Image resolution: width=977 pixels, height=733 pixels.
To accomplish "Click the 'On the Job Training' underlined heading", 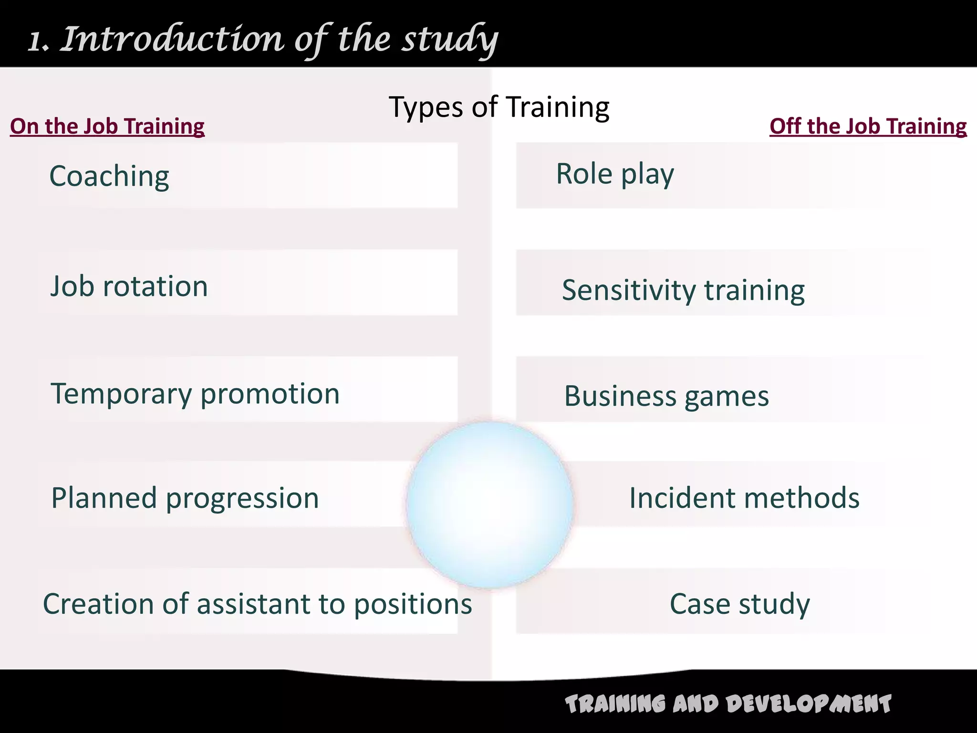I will [107, 126].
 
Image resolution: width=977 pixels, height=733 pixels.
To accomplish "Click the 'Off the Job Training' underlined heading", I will [868, 126].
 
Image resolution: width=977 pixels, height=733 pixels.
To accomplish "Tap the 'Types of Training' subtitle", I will [499, 107].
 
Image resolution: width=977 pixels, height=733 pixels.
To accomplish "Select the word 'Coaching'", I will [109, 177].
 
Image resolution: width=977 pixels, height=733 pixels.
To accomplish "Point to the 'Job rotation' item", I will [129, 286].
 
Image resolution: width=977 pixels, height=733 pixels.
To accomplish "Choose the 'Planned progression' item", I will [185, 498].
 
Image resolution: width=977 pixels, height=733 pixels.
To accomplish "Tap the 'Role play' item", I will [615, 174].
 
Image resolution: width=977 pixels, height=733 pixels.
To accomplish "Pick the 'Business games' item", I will [666, 396].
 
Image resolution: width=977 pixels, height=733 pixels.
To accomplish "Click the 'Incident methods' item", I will [744, 498].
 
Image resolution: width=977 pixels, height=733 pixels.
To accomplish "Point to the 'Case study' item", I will [739, 604].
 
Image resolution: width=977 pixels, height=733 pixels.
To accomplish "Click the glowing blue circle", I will [489, 504].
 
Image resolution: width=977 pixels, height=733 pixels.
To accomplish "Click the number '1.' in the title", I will [38, 42].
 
